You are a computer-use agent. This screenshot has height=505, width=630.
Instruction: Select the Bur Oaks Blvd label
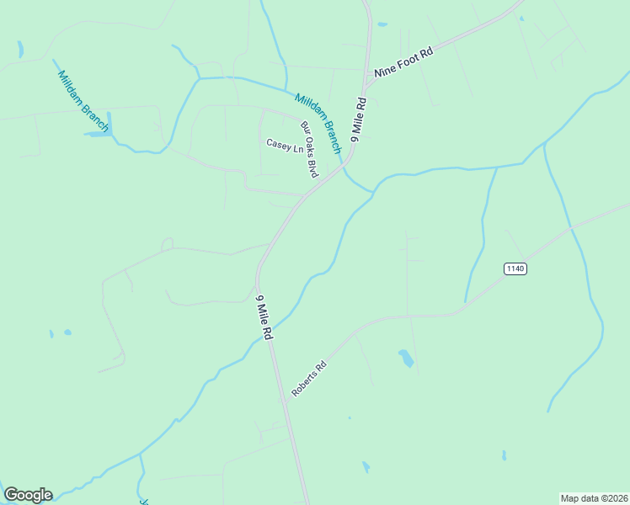coord(309,150)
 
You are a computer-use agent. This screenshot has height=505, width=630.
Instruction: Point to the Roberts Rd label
coord(308,380)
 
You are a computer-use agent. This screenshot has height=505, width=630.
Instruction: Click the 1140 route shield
coord(515,268)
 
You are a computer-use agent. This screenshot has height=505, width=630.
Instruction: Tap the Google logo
coord(28,495)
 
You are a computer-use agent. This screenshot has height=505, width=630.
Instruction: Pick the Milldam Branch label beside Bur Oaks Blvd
coord(318,122)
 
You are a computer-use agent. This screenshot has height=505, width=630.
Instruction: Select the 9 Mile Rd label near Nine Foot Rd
coord(360,119)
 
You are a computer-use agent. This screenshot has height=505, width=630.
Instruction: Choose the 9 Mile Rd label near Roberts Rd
coord(265,317)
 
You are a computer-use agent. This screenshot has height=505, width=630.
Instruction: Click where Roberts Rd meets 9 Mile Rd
coord(284,402)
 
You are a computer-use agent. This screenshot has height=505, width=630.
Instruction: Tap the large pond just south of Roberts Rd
coord(407,359)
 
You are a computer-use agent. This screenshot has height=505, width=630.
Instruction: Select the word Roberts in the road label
coord(304,384)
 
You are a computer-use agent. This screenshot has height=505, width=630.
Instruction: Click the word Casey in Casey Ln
coord(278,145)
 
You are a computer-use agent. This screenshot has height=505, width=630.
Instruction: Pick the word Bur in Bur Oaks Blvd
coord(304,128)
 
